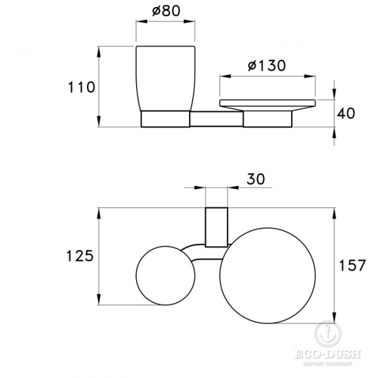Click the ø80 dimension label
tap(166, 11)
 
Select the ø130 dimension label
tap(267, 66)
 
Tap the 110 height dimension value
tap(81, 88)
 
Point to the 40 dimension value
tap(346, 113)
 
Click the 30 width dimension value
tap(256, 179)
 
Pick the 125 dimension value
tap(79, 256)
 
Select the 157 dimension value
tap(352, 265)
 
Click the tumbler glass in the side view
tap(166, 79)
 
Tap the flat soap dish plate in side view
tap(267, 105)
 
